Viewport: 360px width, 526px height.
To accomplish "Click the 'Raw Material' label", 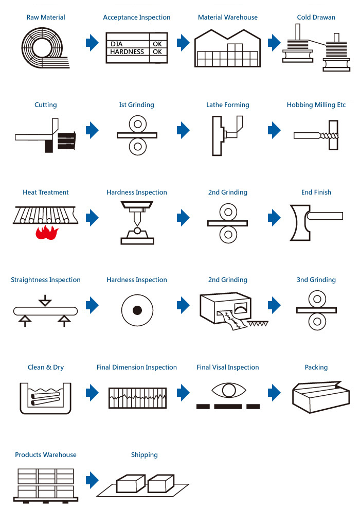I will [x=46, y=17].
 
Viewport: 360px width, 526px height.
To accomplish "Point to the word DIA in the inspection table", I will [x=117, y=44].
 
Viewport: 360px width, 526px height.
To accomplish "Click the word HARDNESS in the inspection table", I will [x=127, y=52].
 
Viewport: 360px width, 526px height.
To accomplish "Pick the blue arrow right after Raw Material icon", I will [x=92, y=43].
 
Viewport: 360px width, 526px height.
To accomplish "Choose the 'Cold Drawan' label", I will [x=316, y=17].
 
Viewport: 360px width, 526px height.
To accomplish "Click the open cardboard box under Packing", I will [x=320, y=395].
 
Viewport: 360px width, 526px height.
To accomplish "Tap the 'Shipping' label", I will [x=144, y=455].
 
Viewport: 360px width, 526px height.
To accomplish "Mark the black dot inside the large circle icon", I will [x=137, y=310].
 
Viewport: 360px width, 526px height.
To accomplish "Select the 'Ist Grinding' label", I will [x=136, y=105].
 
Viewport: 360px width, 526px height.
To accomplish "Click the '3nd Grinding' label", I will [x=316, y=280].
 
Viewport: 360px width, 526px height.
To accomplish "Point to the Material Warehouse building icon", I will [x=227, y=48].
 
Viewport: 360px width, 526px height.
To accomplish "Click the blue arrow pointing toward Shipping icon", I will [x=92, y=480].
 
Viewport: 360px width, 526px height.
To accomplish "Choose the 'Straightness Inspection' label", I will [x=46, y=280].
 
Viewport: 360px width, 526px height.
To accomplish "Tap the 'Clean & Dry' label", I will [x=46, y=367].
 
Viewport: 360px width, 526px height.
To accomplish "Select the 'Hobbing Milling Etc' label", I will [x=316, y=105].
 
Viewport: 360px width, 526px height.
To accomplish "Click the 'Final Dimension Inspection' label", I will [x=136, y=367].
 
